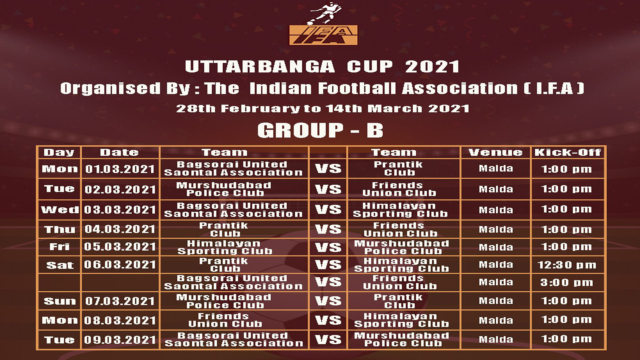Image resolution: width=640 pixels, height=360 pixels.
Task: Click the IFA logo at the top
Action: click(323, 24)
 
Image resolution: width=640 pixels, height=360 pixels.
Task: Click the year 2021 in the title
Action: click(432, 67)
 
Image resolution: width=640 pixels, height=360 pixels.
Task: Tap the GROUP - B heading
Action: click(320, 130)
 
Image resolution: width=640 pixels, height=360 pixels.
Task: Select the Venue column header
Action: click(495, 152)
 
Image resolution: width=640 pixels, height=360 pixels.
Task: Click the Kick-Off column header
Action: click(568, 152)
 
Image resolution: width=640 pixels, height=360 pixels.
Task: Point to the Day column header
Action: click(59, 152)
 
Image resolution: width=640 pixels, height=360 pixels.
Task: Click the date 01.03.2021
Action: click(120, 169)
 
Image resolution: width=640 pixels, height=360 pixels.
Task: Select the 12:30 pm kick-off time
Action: click(567, 265)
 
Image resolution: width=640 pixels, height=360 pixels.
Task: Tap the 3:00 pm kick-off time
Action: click(567, 282)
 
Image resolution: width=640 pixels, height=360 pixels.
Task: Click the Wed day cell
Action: click(60, 210)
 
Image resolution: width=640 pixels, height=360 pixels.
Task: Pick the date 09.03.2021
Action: click(120, 340)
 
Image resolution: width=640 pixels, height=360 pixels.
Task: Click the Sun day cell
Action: click(60, 301)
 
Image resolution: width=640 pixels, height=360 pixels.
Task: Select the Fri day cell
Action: click(60, 247)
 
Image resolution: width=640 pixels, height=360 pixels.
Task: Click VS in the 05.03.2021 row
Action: click(328, 247)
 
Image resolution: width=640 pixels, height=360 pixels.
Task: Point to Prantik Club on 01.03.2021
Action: click(398, 168)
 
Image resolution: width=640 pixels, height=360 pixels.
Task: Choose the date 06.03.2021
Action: click(120, 265)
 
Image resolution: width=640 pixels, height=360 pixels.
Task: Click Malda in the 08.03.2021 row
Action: click(496, 320)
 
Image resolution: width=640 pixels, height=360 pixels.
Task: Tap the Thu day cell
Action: click(60, 229)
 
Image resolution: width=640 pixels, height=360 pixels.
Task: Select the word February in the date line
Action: click(260, 109)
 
